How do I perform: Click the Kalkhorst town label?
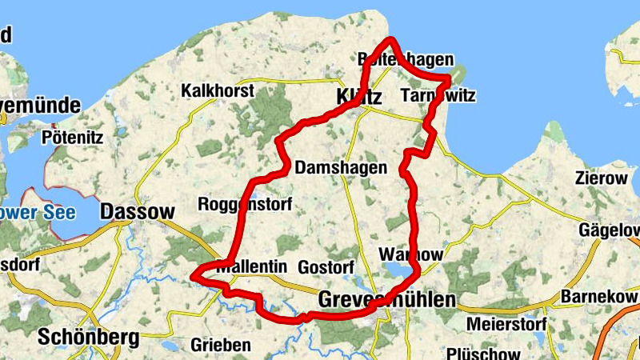tap(218, 90)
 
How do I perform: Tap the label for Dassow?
tap(138, 212)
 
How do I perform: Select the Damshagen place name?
tap(341, 168)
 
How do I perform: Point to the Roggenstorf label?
tap(245, 202)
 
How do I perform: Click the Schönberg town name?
tap(88, 337)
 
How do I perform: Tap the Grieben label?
tap(221, 345)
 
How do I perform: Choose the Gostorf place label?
tap(325, 266)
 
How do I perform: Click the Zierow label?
tap(601, 178)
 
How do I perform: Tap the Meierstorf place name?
tap(506, 326)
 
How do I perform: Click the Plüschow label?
tap(483, 353)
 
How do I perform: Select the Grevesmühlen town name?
tap(386, 300)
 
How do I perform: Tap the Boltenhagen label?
tap(406, 59)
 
